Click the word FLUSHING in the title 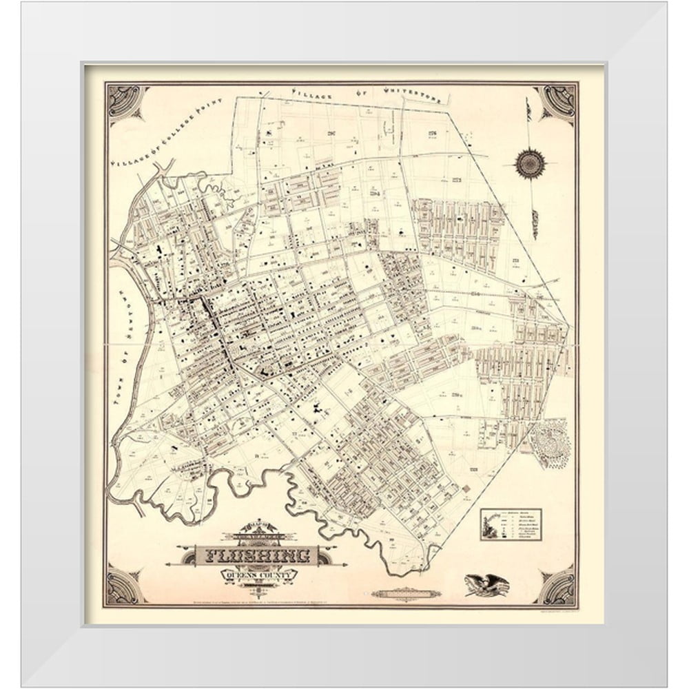256,555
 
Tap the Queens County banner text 259,575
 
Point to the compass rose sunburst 530,163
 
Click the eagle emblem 487,585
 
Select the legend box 511,524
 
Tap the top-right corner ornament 556,103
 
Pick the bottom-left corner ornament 124,586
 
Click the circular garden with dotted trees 549,444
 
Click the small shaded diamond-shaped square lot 466,489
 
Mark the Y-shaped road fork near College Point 162,168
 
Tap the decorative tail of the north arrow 534,224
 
